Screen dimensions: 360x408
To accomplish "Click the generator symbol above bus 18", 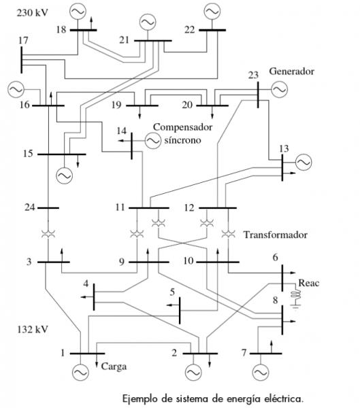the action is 78,11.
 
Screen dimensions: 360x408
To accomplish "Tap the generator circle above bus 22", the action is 212,11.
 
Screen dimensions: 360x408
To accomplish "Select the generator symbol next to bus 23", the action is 279,90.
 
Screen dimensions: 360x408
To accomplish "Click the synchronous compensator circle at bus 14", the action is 152,141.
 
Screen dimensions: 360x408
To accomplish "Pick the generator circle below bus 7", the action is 261,373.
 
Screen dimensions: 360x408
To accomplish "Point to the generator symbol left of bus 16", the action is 16,90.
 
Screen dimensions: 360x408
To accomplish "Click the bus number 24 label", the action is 29,207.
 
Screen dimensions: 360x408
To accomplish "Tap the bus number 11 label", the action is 120,207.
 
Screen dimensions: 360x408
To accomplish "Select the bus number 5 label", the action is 172,292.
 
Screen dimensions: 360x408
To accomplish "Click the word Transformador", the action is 276,235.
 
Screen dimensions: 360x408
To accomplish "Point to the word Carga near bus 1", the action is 114,367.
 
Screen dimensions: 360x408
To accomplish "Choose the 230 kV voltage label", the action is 33,13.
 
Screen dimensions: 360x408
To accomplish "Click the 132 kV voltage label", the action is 33,329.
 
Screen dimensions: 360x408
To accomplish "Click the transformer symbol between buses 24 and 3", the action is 48,233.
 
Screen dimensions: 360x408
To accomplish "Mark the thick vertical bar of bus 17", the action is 21,60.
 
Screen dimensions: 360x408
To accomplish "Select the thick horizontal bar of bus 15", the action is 62,154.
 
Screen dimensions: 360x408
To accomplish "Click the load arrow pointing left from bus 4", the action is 87,297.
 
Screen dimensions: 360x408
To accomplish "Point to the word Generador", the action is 291,71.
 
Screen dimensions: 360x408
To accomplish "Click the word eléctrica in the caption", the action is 284,398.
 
